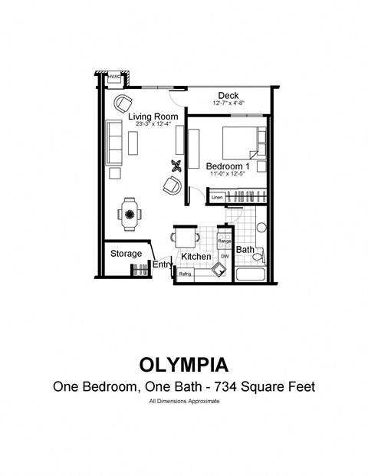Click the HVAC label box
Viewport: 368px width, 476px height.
coord(114,77)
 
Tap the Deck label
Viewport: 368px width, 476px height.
coord(228,95)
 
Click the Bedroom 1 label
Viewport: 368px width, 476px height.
coord(228,166)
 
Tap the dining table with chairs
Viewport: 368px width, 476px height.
coord(130,213)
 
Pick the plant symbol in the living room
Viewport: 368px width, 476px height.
coord(177,166)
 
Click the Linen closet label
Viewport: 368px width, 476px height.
coord(217,197)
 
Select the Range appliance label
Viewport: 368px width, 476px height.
coord(225,241)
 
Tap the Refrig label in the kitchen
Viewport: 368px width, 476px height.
coord(185,274)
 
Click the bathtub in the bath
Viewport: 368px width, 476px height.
coord(251,274)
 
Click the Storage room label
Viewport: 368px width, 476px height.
coord(126,253)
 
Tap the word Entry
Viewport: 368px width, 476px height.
coord(162,264)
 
